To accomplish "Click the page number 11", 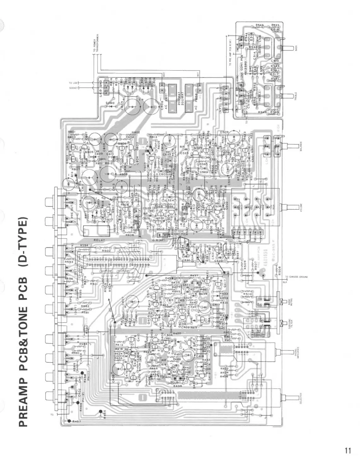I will click(x=347, y=450).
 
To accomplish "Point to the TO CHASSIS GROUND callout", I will click(x=296, y=277).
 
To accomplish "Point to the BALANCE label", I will click(x=301, y=147).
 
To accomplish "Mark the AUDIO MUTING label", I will click(x=290, y=303).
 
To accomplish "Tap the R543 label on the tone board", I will click(x=259, y=25).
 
